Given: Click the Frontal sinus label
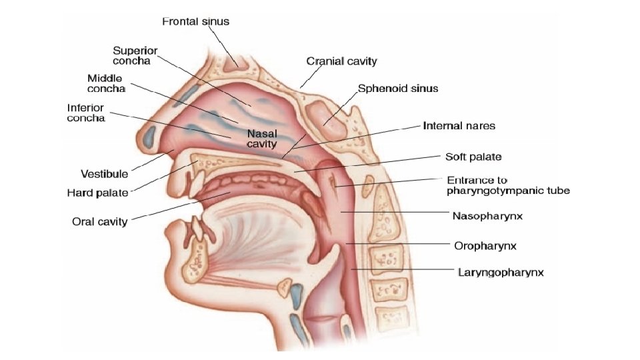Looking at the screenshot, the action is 195,21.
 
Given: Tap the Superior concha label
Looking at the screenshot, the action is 135,55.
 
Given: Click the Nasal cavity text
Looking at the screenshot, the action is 262,139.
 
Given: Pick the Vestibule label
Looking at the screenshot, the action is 104,174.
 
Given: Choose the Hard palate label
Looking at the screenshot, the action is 97,193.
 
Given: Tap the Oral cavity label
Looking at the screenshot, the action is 99,221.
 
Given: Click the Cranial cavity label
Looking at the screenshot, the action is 341,61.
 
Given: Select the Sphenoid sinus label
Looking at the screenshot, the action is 398,88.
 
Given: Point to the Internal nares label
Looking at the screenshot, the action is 459,125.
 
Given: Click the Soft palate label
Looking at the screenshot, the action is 473,157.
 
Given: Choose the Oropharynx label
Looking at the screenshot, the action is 485,245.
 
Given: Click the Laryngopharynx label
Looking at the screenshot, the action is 501,272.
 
